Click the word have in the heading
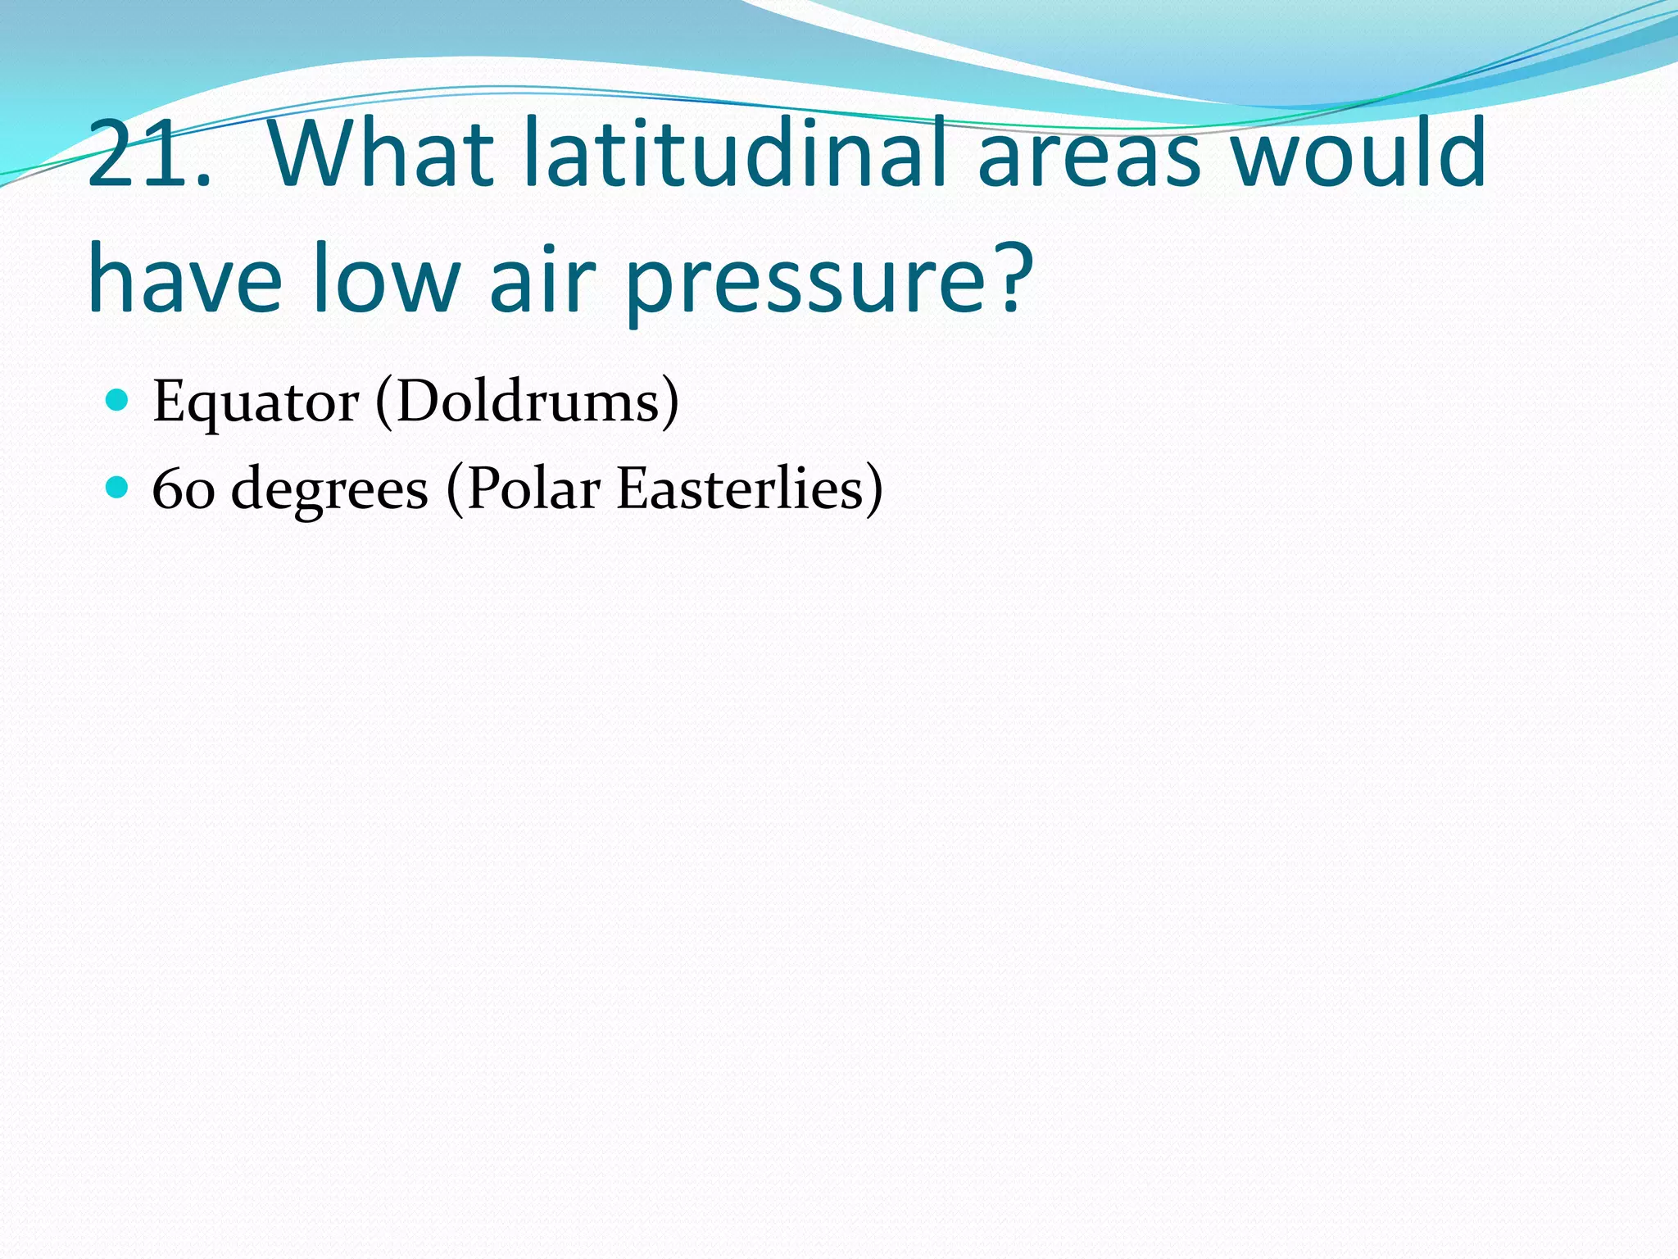(185, 279)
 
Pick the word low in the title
(386, 279)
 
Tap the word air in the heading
(541, 279)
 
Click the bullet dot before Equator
(118, 400)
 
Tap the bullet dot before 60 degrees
(118, 488)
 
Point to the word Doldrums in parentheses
(528, 402)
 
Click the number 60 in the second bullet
(184, 489)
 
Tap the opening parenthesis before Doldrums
(383, 402)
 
